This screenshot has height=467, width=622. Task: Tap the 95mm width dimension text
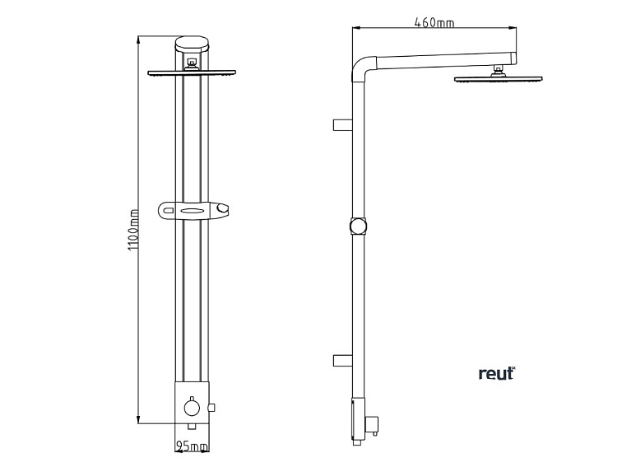pos(193,446)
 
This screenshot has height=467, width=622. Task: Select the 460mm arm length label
pos(434,22)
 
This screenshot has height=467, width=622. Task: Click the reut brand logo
pos(496,373)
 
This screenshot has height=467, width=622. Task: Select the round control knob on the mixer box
pos(193,408)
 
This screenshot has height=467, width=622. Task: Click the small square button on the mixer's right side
pos(212,407)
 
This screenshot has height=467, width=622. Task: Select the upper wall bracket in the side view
pos(342,124)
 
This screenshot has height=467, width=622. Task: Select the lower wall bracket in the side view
pos(342,360)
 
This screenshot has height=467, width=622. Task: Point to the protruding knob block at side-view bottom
pos(374,425)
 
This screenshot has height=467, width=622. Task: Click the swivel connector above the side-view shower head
pos(498,71)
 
